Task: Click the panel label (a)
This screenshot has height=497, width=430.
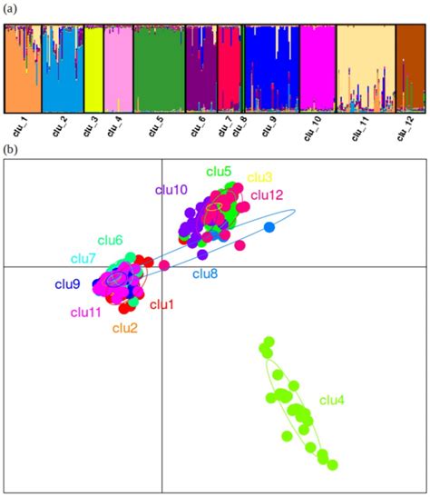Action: tap(10, 8)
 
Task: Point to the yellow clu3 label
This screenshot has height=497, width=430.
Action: tap(260, 177)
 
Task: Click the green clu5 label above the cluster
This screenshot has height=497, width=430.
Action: tap(219, 171)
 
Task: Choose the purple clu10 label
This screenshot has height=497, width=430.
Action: tap(171, 190)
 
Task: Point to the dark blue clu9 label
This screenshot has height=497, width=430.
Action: tap(68, 284)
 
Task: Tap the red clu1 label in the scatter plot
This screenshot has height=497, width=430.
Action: tap(161, 304)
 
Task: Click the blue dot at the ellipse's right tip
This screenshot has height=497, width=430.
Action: tap(269, 226)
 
